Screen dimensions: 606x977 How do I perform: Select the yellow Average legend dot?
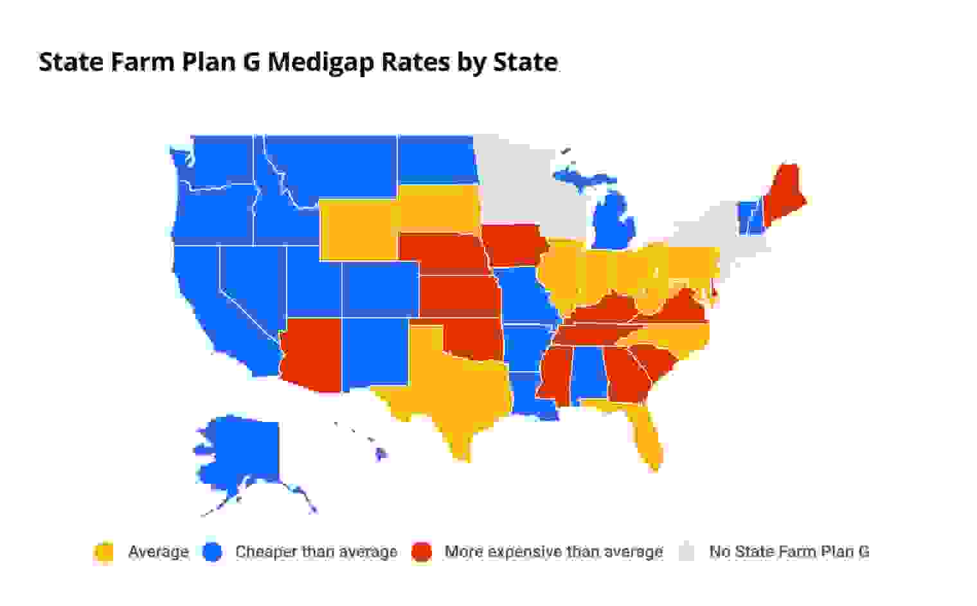click(x=103, y=552)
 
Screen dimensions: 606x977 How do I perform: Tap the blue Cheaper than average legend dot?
click(x=211, y=552)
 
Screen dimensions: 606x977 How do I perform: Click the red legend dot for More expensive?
click(x=421, y=552)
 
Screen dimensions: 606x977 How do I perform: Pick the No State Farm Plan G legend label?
click(x=789, y=552)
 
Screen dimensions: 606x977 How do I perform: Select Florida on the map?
click(x=646, y=437)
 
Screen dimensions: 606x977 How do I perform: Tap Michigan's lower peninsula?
click(x=614, y=225)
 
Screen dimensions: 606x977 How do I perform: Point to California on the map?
click(x=212, y=309)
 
